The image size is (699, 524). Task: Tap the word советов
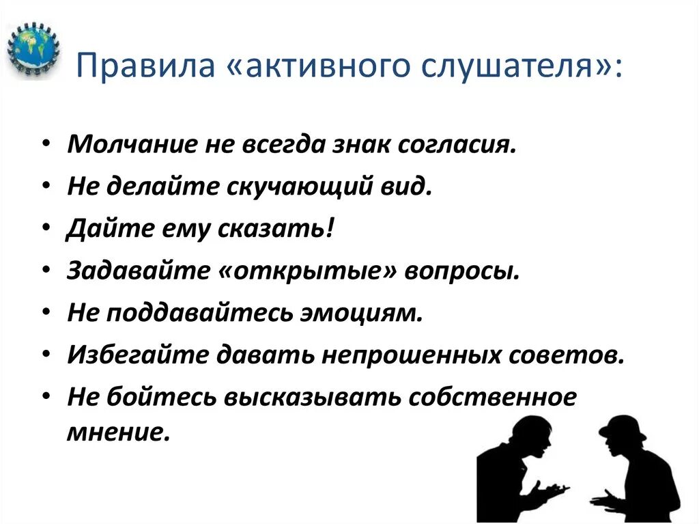tap(568, 356)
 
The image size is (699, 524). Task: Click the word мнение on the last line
tap(117, 433)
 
